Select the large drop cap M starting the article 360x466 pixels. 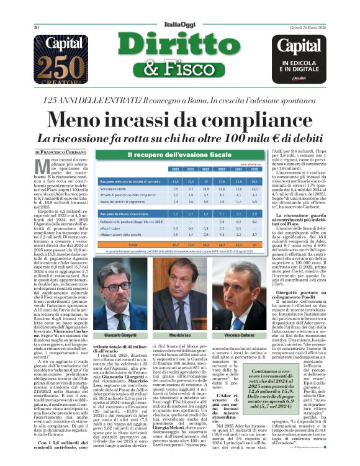pos(42,167)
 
